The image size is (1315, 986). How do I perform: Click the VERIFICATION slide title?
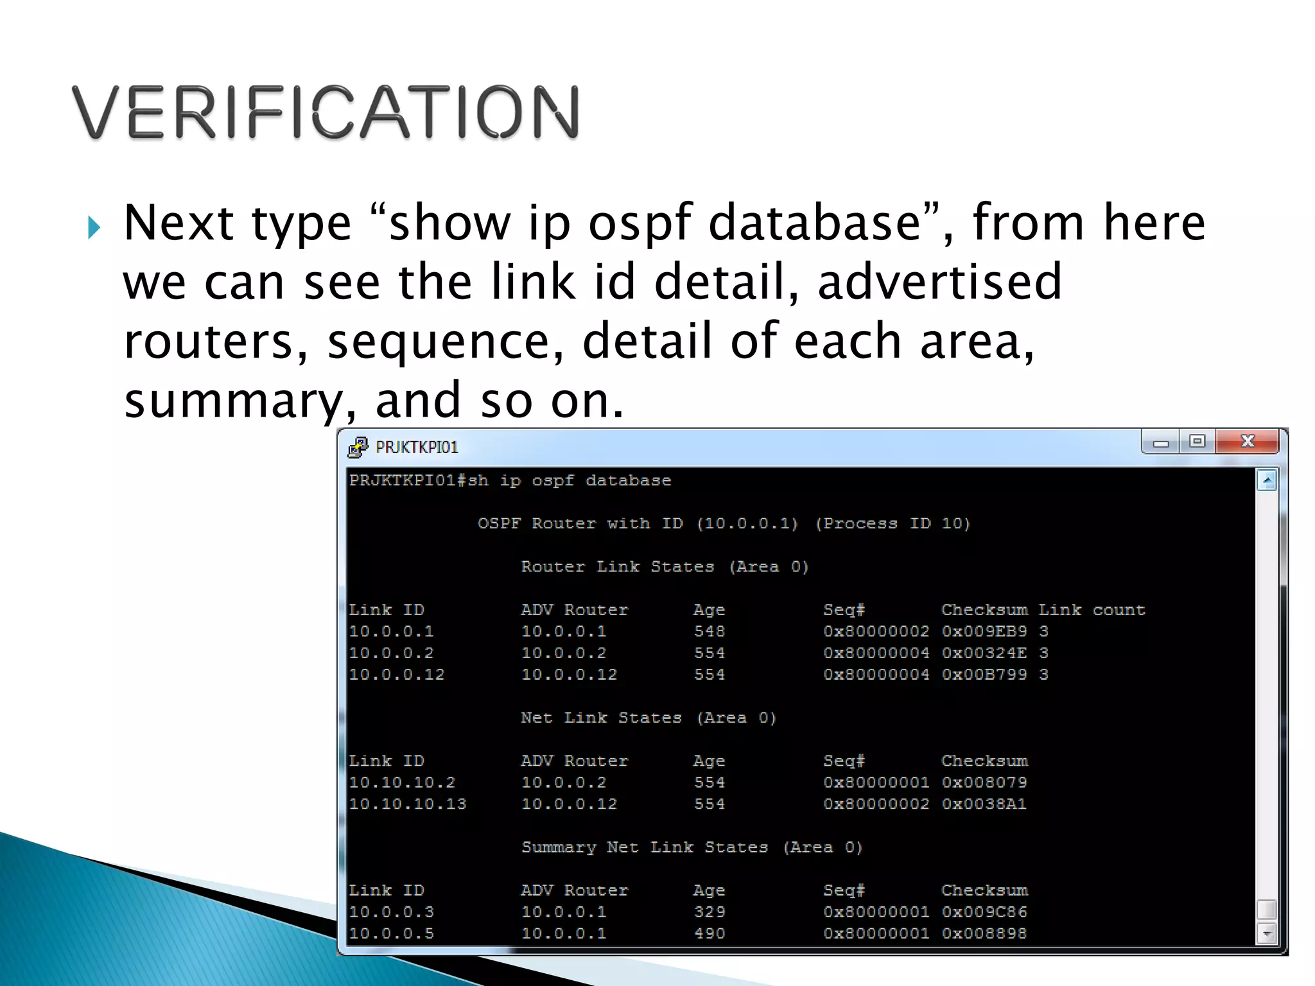[326, 112]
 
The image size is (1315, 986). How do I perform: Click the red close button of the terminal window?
[1247, 442]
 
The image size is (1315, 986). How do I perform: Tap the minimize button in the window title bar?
[1160, 442]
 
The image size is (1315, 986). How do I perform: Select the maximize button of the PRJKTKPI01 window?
[1197, 442]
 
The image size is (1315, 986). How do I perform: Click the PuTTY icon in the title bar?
[358, 447]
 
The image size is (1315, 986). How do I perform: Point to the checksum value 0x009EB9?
[984, 632]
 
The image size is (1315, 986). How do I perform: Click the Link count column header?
[1092, 610]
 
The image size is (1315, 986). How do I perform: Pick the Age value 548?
[709, 632]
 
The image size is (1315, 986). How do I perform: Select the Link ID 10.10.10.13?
[407, 804]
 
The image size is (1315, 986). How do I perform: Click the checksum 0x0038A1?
[984, 804]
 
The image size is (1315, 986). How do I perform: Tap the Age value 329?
[709, 912]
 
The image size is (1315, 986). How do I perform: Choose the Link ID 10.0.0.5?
[391, 933]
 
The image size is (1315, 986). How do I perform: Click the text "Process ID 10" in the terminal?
[893, 524]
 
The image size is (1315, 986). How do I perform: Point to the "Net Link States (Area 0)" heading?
[649, 718]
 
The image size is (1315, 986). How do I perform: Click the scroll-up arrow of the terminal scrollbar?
[1266, 481]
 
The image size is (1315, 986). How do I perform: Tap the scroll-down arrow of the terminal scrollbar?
[1266, 934]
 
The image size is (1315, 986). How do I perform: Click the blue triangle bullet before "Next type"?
[94, 227]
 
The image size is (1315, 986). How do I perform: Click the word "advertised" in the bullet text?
[939, 282]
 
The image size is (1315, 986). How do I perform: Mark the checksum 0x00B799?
[984, 675]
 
